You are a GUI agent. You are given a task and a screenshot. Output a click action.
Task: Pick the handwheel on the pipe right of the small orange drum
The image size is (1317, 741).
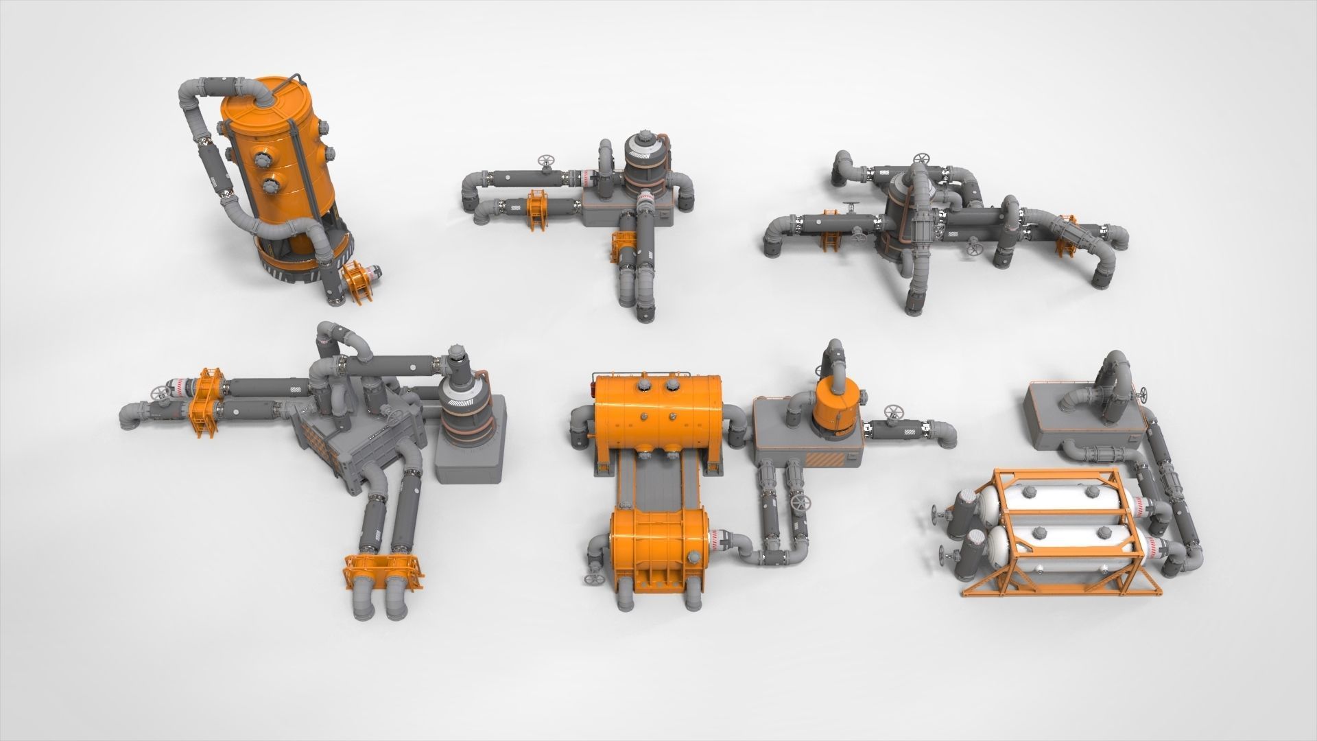pyautogui.click(x=894, y=412)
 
